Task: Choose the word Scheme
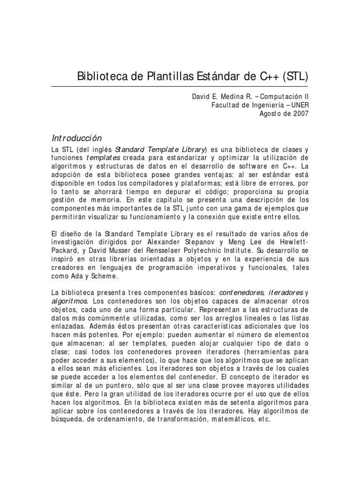[x=102, y=277]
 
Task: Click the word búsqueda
[x=67, y=420]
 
